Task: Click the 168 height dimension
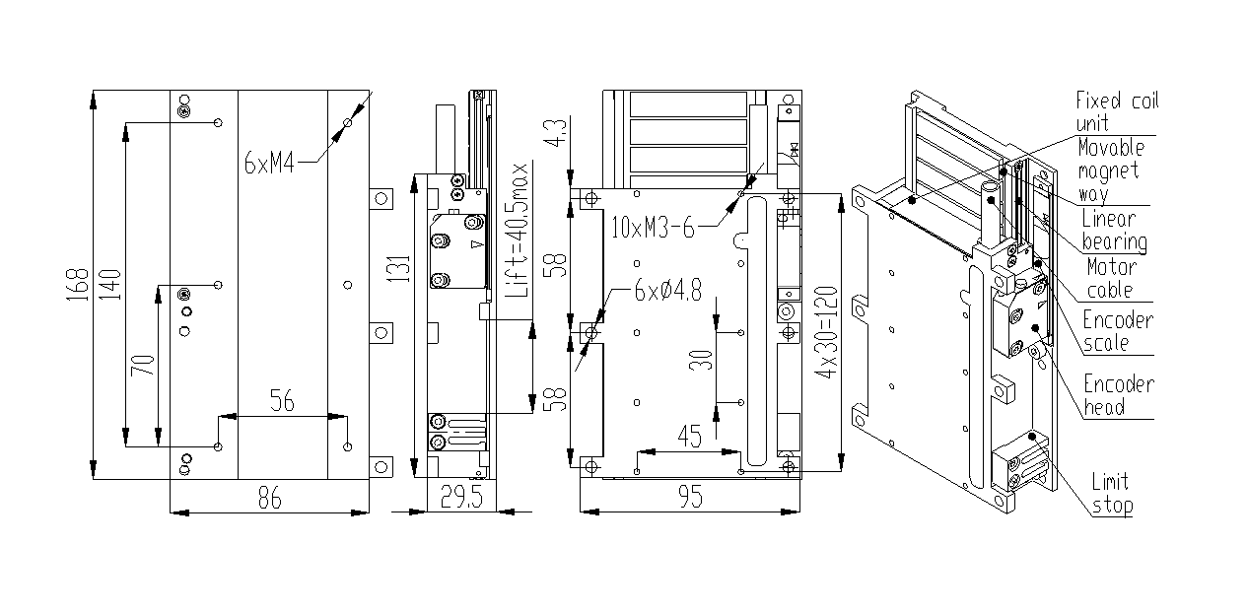pyautogui.click(x=77, y=285)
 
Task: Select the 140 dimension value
pyautogui.click(x=109, y=285)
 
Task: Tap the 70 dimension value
pyautogui.click(x=143, y=365)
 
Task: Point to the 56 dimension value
pyautogui.click(x=282, y=401)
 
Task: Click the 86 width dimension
pyautogui.click(x=270, y=497)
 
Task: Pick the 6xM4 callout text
pyautogui.click(x=269, y=163)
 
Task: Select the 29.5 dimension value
pyautogui.click(x=461, y=497)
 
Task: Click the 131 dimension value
pyautogui.click(x=398, y=268)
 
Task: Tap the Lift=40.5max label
pyautogui.click(x=516, y=231)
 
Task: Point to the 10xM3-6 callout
pyautogui.click(x=653, y=228)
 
